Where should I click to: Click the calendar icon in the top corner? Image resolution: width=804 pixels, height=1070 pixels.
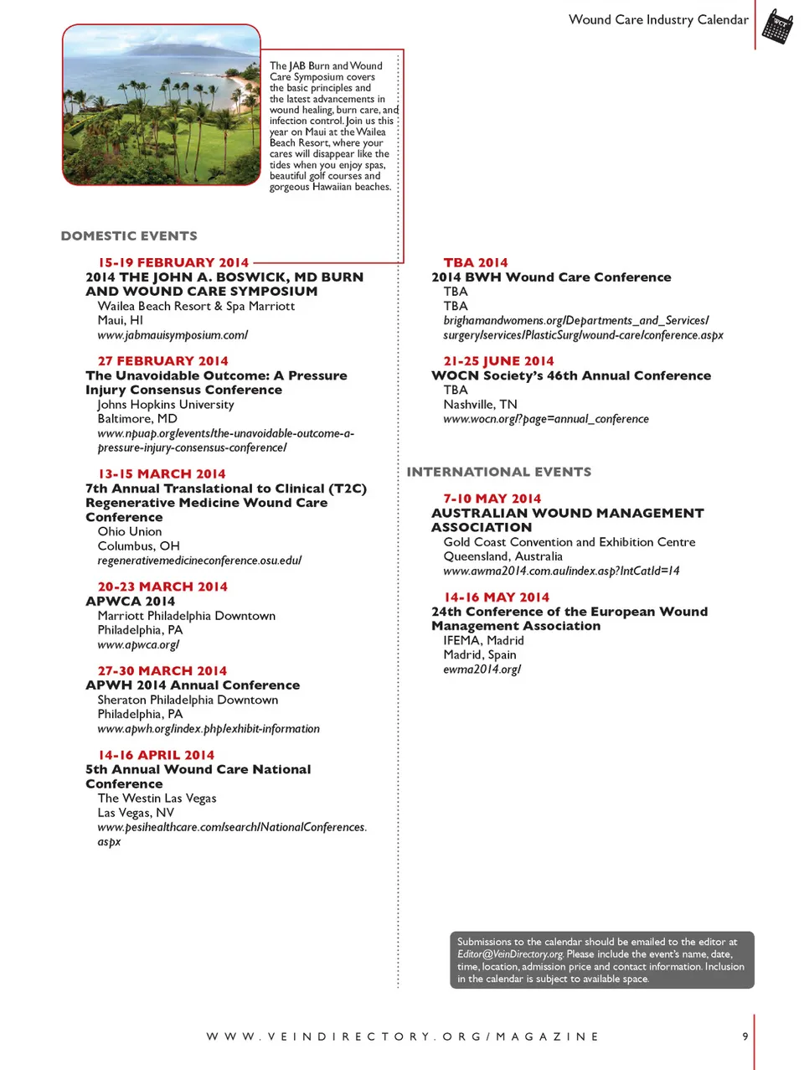[x=777, y=26]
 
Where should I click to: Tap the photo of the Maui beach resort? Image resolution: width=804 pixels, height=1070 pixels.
[x=162, y=105]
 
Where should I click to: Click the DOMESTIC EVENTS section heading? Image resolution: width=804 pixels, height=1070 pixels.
[x=129, y=236]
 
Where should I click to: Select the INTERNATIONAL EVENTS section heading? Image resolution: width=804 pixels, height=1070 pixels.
[x=499, y=473]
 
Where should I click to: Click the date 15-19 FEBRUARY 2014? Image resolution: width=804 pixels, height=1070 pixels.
[x=173, y=263]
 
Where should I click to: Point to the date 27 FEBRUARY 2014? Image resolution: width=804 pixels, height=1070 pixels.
[x=162, y=361]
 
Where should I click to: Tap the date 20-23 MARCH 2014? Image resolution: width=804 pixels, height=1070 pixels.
[x=162, y=587]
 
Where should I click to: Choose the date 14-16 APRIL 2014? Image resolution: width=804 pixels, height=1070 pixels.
[x=156, y=755]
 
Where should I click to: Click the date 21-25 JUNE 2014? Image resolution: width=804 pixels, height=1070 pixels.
[x=498, y=361]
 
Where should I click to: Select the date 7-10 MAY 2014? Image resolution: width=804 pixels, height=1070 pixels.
[x=492, y=499]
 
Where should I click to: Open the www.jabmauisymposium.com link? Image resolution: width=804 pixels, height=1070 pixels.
[x=173, y=335]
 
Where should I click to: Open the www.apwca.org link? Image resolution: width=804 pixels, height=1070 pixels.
[x=138, y=645]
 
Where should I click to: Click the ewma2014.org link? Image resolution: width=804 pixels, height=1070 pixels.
[x=482, y=669]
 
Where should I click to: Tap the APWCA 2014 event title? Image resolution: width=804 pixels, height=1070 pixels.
[x=130, y=601]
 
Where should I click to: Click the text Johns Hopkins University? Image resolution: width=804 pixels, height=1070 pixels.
[x=166, y=405]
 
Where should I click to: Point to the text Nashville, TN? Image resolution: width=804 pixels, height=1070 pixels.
[x=480, y=405]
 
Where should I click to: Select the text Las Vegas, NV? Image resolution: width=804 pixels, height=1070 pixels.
[x=136, y=813]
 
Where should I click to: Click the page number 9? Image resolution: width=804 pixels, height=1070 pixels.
[x=745, y=1036]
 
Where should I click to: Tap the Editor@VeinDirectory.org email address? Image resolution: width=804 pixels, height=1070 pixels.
[x=510, y=954]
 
